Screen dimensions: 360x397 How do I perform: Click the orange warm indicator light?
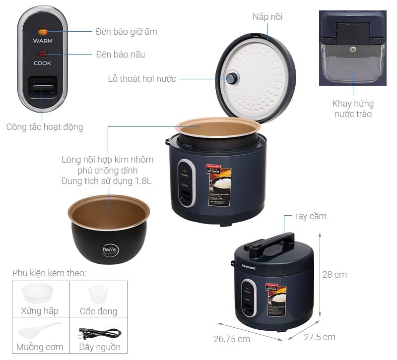(43, 32)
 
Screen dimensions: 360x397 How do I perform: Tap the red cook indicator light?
(43, 54)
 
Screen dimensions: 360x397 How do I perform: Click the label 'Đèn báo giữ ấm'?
(126, 32)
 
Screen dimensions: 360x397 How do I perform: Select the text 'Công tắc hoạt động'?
(45, 127)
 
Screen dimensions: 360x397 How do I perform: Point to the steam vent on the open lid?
(232, 78)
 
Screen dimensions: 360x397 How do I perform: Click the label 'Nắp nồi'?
(267, 17)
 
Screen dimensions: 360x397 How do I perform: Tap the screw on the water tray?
(353, 50)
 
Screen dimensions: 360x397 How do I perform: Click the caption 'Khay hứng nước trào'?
(353, 109)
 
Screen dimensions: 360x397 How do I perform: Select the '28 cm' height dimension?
(334, 275)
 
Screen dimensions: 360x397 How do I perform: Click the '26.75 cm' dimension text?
(232, 339)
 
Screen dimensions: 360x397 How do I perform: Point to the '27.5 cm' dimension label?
(319, 337)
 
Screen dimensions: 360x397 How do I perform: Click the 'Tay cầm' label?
(310, 216)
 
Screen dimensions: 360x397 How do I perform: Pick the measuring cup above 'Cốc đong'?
(98, 294)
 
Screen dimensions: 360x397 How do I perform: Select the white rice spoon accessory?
(39, 330)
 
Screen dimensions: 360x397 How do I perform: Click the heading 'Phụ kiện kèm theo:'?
(49, 273)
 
